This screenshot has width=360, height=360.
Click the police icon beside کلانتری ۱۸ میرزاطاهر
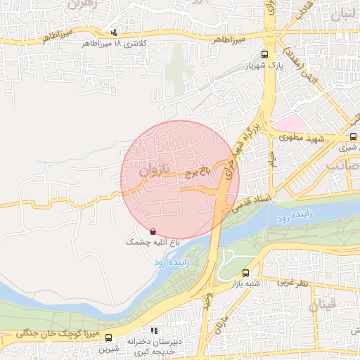coord(115,32)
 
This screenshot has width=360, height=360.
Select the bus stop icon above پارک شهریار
coord(264,54)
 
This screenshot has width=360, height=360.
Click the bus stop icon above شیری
coord(353,138)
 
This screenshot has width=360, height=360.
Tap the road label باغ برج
coord(198,170)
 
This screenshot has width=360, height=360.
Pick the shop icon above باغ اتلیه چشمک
coord(153,231)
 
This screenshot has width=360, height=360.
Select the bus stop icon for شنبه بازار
coord(245,273)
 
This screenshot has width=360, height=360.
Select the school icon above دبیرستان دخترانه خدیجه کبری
coord(154,330)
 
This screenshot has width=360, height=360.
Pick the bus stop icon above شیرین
coord(108,337)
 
